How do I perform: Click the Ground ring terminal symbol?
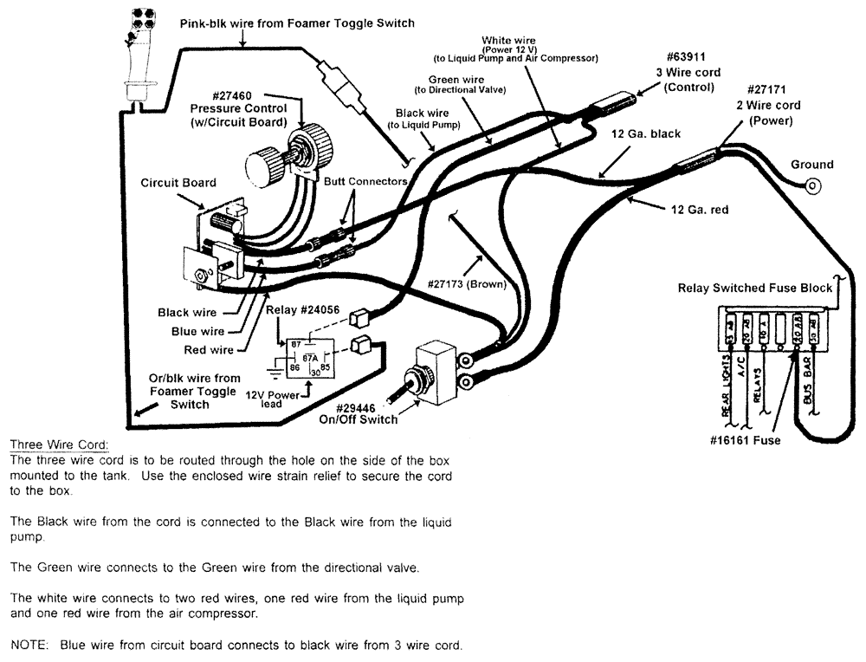coord(812,185)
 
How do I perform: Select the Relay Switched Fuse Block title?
coord(754,288)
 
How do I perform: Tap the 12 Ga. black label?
coord(646,133)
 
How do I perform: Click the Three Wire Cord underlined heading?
coord(59,445)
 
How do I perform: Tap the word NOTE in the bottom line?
coord(29,646)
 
